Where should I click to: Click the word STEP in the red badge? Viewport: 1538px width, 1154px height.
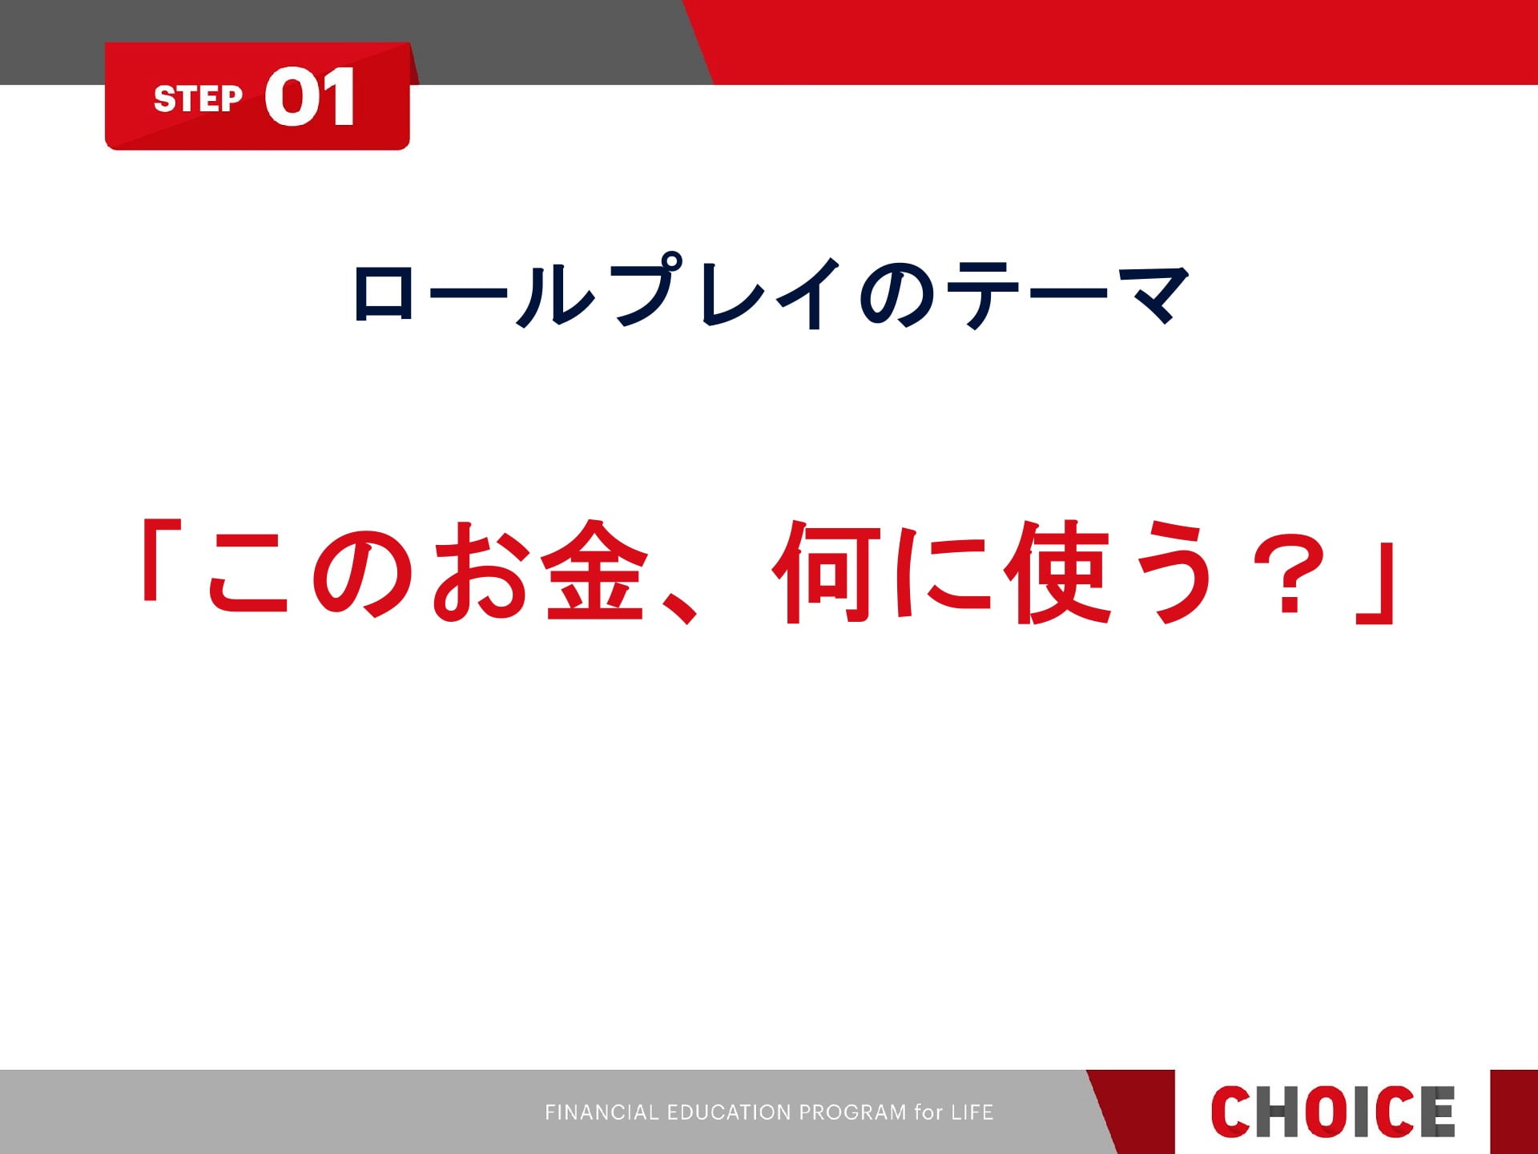198,99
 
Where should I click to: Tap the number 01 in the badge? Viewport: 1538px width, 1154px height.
310,96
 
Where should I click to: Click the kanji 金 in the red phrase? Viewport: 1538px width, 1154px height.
594,571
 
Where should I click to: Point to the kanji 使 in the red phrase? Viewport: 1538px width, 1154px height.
1057,571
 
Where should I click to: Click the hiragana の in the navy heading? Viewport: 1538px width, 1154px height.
897,293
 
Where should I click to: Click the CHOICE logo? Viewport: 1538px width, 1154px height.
1332,1112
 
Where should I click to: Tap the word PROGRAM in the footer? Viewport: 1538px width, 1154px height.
853,1112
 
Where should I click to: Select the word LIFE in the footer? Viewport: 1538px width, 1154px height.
972,1112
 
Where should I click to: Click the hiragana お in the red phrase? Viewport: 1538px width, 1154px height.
481,571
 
